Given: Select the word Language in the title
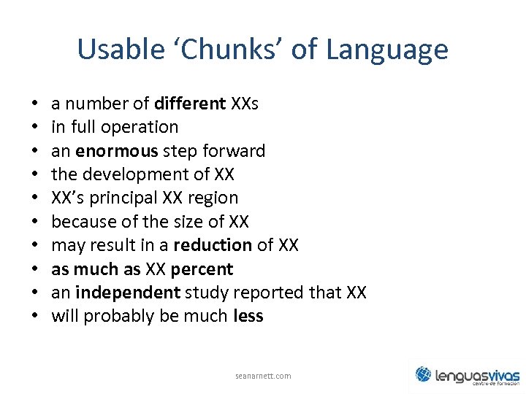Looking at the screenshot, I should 386,50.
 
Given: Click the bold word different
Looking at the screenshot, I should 190,104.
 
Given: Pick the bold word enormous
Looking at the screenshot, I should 116,151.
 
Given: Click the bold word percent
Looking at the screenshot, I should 202,269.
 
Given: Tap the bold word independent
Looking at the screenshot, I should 127,293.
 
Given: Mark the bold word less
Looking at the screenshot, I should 248,316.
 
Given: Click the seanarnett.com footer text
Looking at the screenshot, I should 263,376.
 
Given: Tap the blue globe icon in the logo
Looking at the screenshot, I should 424,374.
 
